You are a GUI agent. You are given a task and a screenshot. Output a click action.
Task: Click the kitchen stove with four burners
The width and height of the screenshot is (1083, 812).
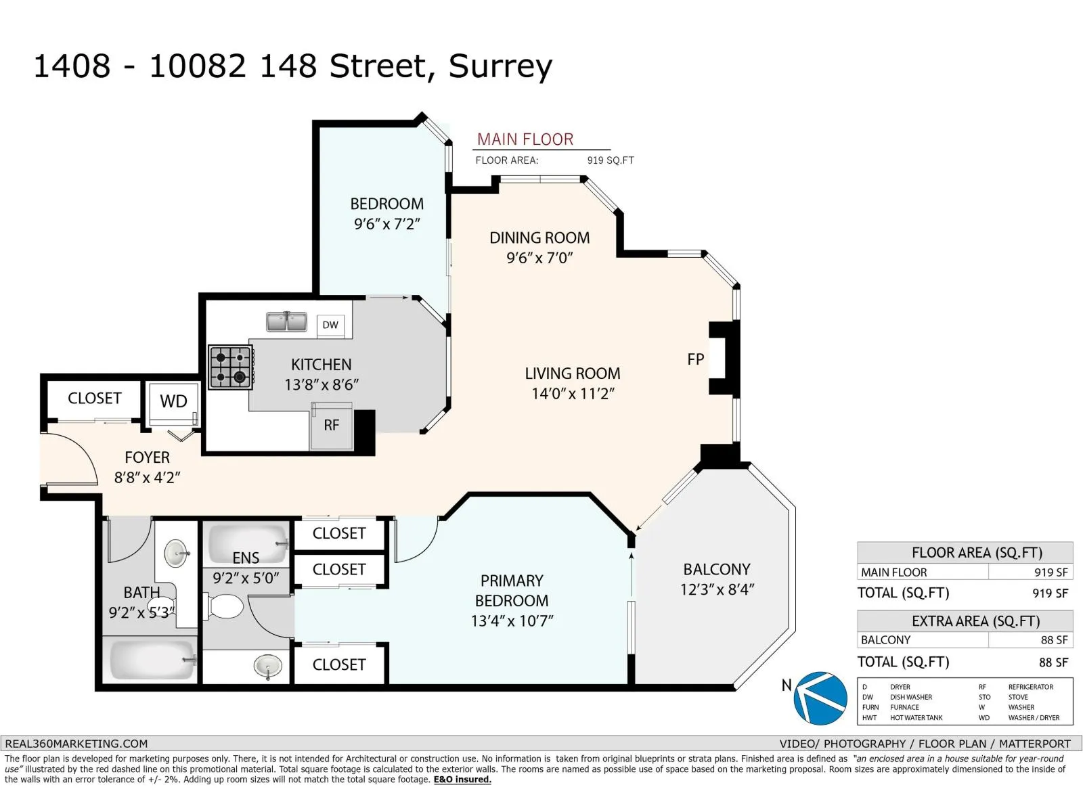pos(231,367)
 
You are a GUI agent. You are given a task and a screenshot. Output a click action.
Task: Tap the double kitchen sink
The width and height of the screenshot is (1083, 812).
pos(286,322)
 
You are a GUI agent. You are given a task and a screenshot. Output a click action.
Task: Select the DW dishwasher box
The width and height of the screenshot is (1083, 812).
pos(330,325)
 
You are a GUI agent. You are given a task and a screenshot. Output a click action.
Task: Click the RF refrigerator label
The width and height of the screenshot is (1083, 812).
pos(332,425)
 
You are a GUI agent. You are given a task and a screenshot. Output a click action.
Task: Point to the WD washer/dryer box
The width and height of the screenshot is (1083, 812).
pos(173,403)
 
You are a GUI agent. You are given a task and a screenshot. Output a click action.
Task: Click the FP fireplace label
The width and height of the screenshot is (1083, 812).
pos(695,359)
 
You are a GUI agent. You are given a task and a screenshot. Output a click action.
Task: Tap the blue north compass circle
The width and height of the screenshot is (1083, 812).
pos(820,698)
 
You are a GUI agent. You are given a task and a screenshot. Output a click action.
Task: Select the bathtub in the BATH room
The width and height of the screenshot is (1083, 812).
pos(152,659)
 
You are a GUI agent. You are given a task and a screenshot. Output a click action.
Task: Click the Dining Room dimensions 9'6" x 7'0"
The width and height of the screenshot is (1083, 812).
pos(539,258)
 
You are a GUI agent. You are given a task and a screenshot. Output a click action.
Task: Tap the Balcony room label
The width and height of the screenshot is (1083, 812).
pos(716,570)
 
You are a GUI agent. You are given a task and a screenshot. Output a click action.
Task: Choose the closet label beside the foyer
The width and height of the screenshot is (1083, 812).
pos(94,399)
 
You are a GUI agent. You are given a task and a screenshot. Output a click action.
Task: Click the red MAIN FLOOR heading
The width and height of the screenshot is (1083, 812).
pos(525,139)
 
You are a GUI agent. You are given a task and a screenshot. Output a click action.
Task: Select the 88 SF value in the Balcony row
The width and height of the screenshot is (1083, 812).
pos(1054,640)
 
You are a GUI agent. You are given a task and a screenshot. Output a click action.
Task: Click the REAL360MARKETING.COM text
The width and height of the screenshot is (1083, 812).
pos(76,744)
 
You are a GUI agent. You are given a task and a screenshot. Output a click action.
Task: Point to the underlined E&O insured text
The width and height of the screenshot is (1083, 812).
pos(462,780)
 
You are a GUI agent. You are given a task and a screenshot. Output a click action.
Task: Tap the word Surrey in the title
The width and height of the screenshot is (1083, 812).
pos(500,67)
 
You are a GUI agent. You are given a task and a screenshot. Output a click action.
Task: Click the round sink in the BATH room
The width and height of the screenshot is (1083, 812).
pos(175,554)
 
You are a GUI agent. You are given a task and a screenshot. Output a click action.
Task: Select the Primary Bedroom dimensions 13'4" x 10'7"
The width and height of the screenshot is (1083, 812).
pos(512,621)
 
